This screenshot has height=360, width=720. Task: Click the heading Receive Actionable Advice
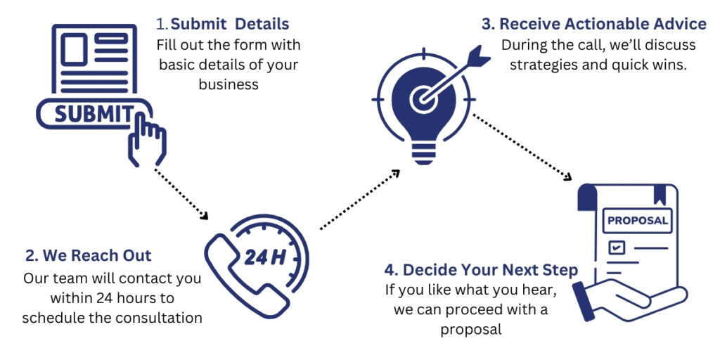click(x=594, y=24)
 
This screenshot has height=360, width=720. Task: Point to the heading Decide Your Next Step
click(x=481, y=270)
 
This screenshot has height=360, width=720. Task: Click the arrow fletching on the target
click(x=480, y=56)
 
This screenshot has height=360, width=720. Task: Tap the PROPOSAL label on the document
click(x=637, y=220)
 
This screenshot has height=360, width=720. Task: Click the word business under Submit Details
click(x=229, y=84)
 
